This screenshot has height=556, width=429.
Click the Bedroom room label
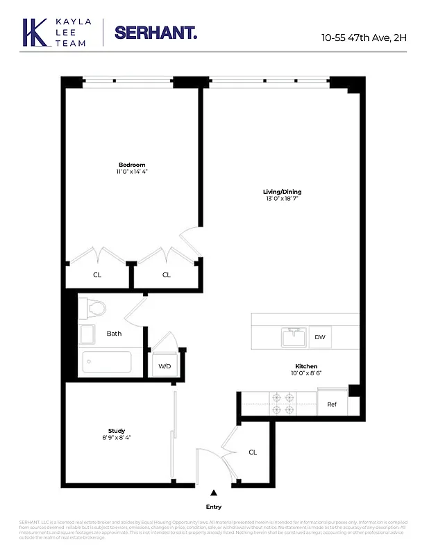point(131,165)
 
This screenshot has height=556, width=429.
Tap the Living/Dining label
point(282,192)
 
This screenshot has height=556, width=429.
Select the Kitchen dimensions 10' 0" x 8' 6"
point(305,373)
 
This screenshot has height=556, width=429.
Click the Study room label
point(116,431)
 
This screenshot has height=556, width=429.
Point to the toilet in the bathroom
point(92,308)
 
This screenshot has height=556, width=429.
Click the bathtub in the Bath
point(106,362)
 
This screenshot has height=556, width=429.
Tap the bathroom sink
point(87,334)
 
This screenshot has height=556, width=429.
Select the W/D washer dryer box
point(165,366)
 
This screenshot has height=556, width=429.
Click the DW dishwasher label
point(319,337)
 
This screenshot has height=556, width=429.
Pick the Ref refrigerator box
point(332,404)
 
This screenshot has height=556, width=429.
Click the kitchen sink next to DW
point(294,337)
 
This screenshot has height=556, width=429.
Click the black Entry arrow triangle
point(214,493)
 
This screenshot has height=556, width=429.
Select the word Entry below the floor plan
point(214,507)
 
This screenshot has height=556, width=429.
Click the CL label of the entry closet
point(253,452)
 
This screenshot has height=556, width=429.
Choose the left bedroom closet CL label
point(97,275)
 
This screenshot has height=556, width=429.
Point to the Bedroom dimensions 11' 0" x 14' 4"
point(131,172)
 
